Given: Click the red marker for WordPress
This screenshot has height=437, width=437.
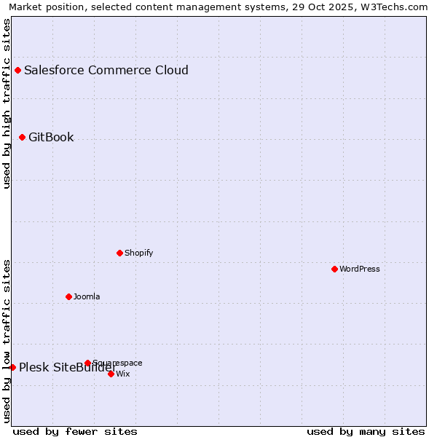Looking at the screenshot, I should click(x=334, y=269).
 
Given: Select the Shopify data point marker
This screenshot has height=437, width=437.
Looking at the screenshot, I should click(x=119, y=253).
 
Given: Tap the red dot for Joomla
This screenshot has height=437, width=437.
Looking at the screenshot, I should click(x=68, y=296).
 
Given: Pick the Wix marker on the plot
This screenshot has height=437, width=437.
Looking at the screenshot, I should click(x=111, y=374).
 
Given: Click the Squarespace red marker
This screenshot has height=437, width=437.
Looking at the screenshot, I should click(x=87, y=363).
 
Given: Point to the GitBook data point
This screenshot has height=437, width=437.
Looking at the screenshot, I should click(x=22, y=137).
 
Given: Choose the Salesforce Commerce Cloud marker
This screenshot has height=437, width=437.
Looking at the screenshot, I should click(x=17, y=71).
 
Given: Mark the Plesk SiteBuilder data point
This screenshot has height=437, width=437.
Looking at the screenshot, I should click(x=12, y=367).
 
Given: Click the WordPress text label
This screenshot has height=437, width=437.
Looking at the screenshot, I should click(x=360, y=269).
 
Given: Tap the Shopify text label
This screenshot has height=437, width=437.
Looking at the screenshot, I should click(x=138, y=253).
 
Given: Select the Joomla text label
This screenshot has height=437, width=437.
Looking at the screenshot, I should click(x=87, y=296).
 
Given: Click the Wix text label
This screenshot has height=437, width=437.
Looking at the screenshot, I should click(x=123, y=374).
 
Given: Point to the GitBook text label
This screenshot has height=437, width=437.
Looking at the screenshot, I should click(x=51, y=137).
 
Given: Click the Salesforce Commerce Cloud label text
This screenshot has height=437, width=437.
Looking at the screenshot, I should click(x=106, y=71).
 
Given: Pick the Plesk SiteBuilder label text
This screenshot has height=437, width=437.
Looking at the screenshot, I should click(x=68, y=367).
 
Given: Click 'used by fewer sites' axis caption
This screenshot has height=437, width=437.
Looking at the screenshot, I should click(x=75, y=431).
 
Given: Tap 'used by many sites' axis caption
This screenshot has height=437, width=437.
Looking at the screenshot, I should click(x=366, y=431).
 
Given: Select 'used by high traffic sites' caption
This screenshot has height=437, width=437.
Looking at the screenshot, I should click(x=7, y=103).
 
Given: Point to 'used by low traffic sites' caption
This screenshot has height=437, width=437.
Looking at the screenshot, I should click(x=7, y=340).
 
